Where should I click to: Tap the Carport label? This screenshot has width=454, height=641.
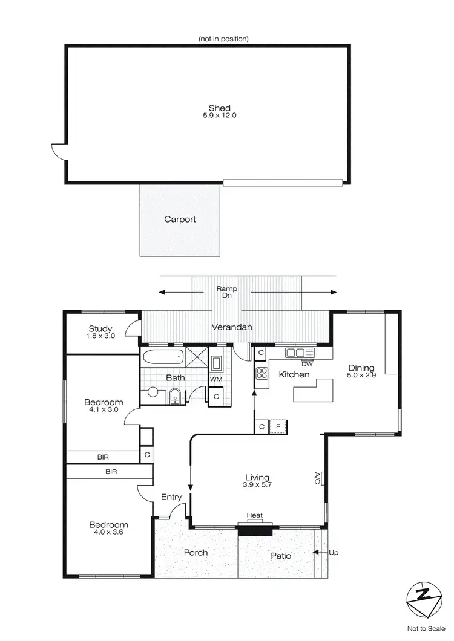tap(180, 220)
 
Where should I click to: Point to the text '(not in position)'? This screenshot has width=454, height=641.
tap(223, 39)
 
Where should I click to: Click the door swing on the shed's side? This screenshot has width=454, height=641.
tap(58, 151)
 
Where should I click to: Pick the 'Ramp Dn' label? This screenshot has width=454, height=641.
tap(227, 292)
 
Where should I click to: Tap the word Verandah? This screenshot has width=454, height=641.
tap(231, 327)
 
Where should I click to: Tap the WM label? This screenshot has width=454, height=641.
tap(216, 379)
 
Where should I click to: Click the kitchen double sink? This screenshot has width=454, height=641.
tap(295, 353)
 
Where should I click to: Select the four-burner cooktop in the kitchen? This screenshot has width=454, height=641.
tap(262, 373)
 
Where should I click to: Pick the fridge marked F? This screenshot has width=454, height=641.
tap(278, 426)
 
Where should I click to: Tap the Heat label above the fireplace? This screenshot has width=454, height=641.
tap(255, 515)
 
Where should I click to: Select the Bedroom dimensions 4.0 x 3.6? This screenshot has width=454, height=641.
tap(108, 533)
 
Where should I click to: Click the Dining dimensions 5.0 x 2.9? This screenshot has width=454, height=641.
tap(361, 376)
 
